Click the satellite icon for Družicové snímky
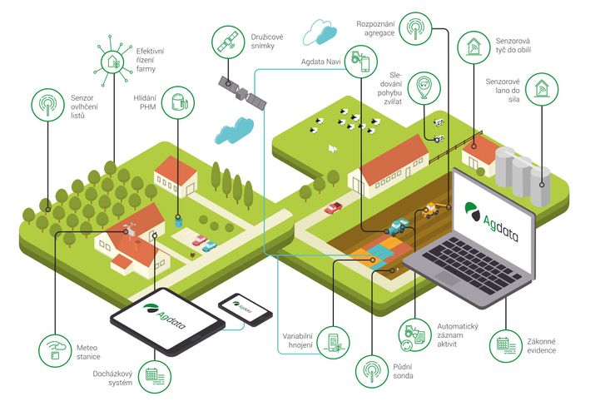[228, 42]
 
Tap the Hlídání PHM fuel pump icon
[178, 102]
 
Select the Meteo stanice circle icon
[55, 351]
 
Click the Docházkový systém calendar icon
[155, 376]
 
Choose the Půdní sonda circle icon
[372, 371]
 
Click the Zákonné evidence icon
[506, 346]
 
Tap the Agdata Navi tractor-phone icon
[361, 61]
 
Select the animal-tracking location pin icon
[424, 87]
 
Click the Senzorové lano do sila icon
[542, 89]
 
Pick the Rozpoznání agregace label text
[375, 29]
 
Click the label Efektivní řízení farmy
[150, 60]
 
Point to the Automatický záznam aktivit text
[457, 334]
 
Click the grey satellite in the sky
[243, 92]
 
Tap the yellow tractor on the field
[431, 210]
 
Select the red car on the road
[334, 208]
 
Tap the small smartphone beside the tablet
[245, 309]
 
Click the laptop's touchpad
[448, 279]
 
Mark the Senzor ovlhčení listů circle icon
[47, 105]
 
